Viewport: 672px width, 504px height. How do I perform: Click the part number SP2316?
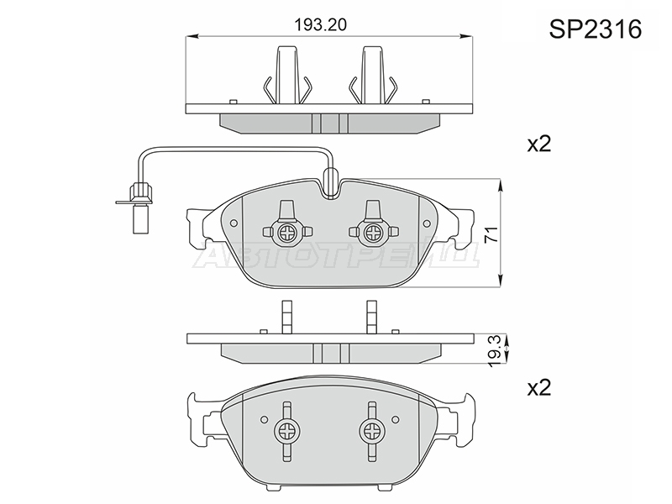596,29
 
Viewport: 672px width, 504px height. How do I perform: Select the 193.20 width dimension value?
321,25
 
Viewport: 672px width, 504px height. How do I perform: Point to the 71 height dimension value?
493,234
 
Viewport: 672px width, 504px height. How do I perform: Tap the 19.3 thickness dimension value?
495,351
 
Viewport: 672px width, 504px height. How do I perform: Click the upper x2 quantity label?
538,144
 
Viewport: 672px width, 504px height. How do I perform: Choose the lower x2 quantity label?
538,388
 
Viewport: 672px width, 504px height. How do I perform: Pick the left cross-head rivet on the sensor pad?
286,233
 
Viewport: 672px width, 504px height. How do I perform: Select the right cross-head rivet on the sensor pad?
370,233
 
